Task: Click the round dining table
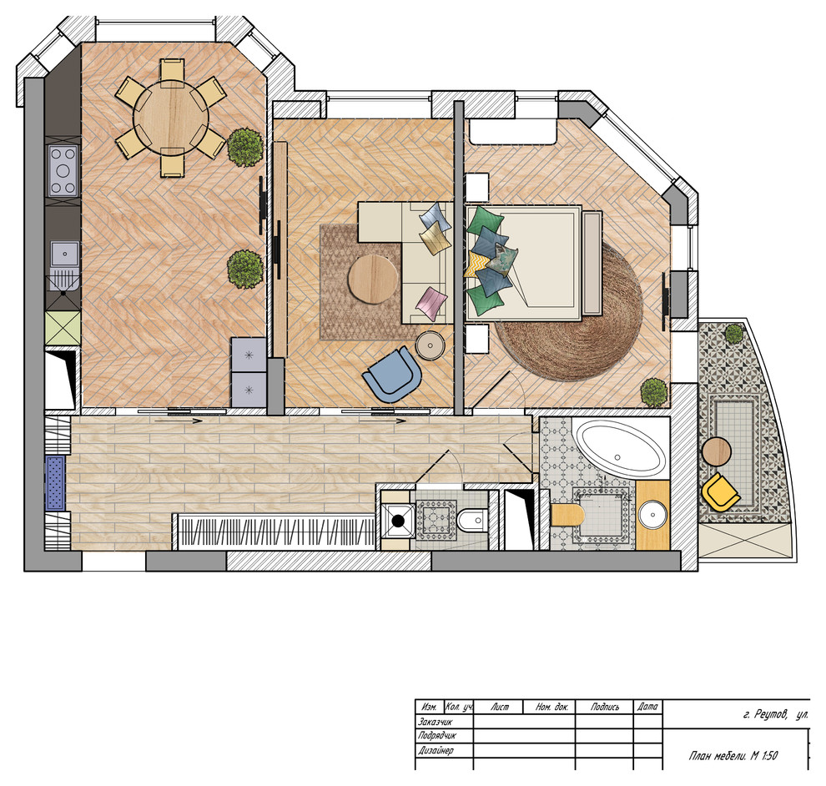171,117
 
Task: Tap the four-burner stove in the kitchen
63,171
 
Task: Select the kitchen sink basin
65,254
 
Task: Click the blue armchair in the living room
392,374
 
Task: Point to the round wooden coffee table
373,280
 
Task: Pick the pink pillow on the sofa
431,304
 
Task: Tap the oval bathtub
620,449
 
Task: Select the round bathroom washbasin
652,515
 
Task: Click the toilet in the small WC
471,521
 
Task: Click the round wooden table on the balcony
717,451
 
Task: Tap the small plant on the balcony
734,334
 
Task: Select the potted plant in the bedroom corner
654,392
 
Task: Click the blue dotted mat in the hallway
55,483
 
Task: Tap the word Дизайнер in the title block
436,751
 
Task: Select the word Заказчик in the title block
436,722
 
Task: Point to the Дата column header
647,707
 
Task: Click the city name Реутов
771,715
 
